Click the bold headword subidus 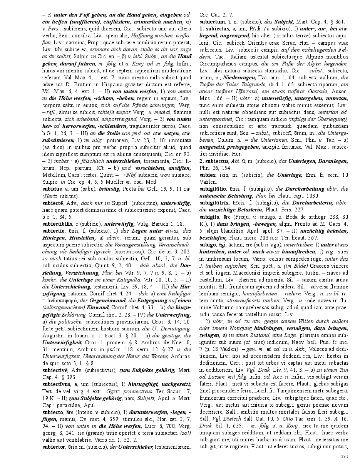[52, 189]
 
